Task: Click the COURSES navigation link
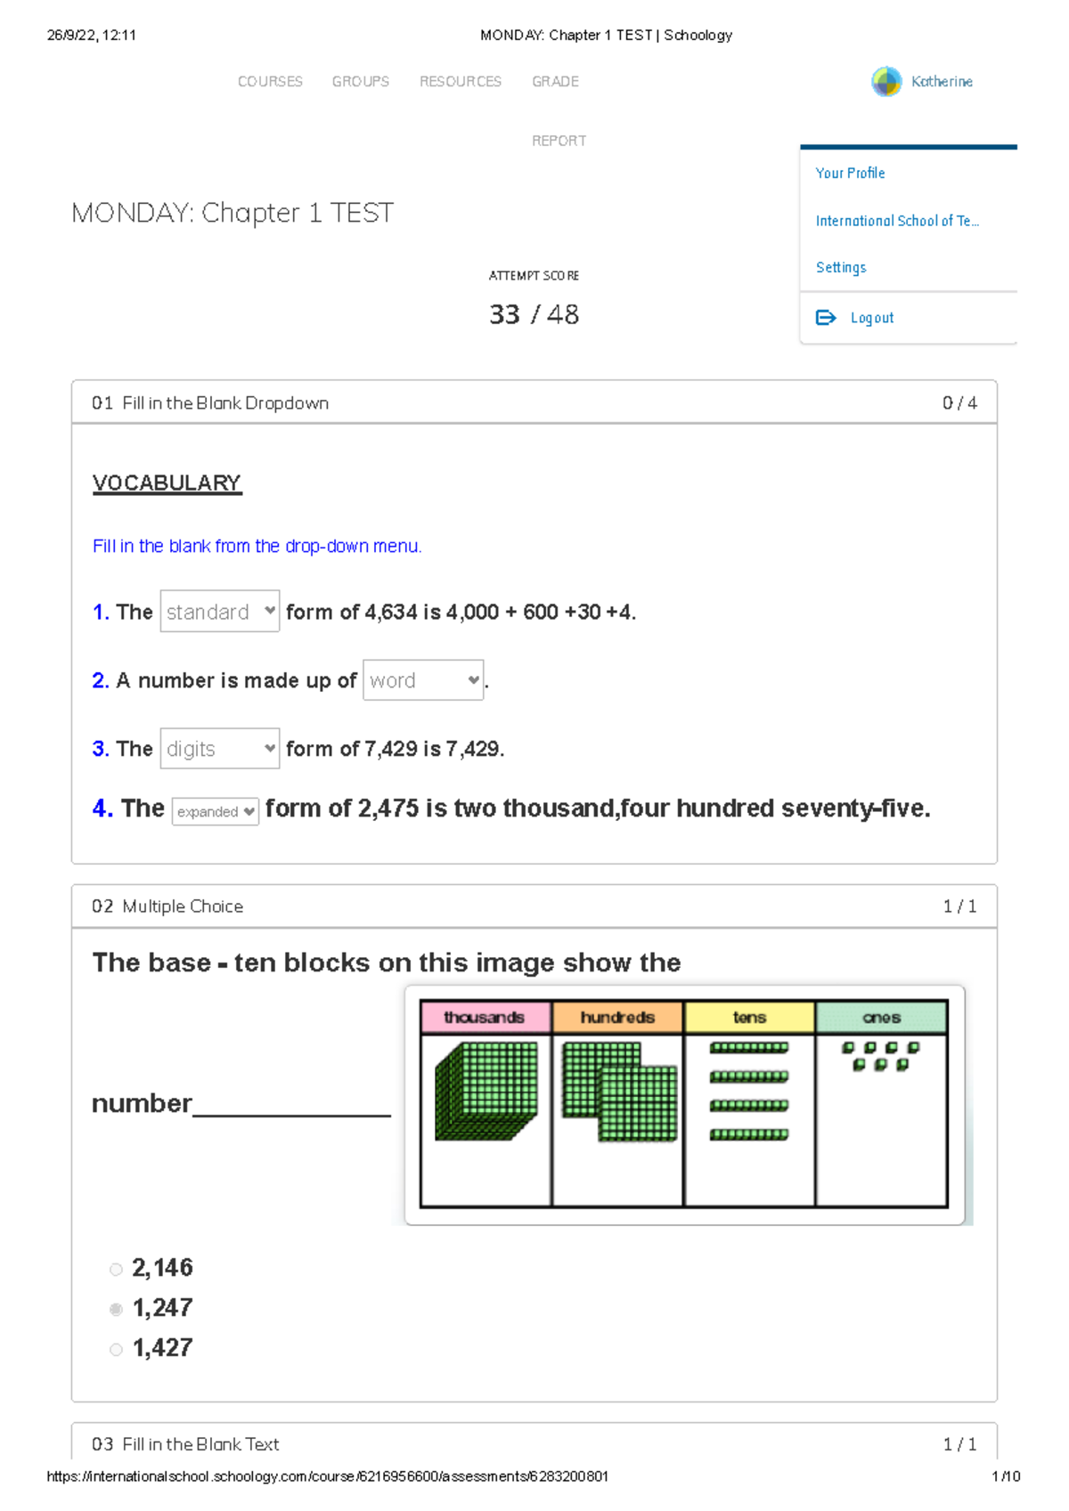click(x=270, y=82)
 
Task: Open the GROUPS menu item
click(x=360, y=82)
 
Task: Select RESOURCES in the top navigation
click(x=461, y=82)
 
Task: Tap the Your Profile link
click(x=850, y=173)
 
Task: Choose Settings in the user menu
click(x=841, y=267)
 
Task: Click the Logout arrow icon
click(x=826, y=318)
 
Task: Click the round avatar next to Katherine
click(x=886, y=82)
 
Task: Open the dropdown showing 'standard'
click(x=219, y=612)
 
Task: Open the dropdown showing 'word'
click(x=423, y=680)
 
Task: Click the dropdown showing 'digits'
click(x=219, y=749)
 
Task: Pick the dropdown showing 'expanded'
click(x=215, y=811)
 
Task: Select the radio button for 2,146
click(x=116, y=1270)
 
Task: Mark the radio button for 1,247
click(x=116, y=1310)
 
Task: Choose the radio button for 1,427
click(x=116, y=1350)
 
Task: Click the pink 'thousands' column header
click(x=485, y=1018)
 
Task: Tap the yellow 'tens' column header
click(x=749, y=1018)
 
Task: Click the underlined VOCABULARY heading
click(x=167, y=483)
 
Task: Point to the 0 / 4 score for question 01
click(x=959, y=403)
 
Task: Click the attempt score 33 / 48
click(x=534, y=314)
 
